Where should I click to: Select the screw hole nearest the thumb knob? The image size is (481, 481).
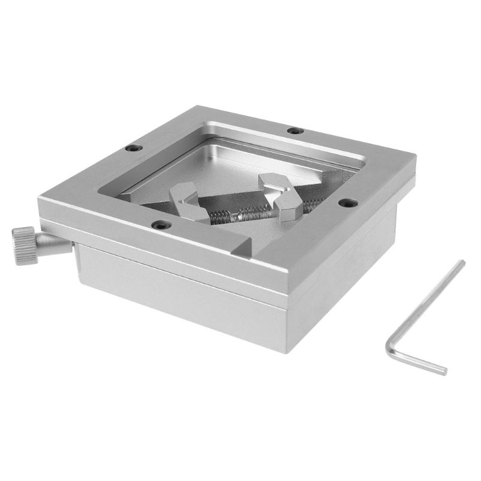coord(131,148)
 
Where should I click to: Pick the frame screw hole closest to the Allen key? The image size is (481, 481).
coord(345,203)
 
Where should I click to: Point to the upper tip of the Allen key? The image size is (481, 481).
coord(462,262)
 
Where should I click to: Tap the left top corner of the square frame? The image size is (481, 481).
coord(39,198)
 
